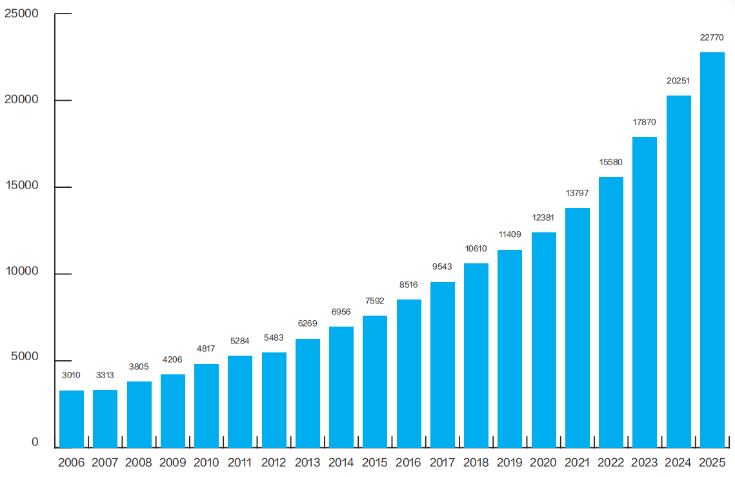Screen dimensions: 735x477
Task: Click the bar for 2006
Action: [72, 419]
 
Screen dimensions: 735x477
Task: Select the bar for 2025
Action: [712, 250]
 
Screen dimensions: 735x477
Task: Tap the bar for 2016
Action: [408, 373]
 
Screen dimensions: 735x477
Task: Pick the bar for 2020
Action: [544, 340]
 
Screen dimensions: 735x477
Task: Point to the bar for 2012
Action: [274, 400]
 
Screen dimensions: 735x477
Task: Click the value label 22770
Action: [712, 37]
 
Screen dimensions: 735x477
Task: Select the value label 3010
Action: [71, 375]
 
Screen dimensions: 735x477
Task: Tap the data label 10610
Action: [476, 249]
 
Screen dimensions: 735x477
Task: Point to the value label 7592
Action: [374, 301]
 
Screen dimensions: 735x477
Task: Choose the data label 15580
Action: [611, 162]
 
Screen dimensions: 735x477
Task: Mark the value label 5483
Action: [274, 338]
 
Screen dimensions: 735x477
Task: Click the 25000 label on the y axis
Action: [21, 14]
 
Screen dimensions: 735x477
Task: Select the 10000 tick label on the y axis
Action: [21, 271]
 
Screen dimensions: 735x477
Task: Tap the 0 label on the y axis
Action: [35, 442]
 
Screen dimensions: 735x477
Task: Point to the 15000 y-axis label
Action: [21, 185]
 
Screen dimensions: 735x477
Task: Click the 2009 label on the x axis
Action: [172, 462]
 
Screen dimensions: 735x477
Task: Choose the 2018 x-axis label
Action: [476, 462]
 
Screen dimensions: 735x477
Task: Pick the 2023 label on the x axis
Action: [645, 462]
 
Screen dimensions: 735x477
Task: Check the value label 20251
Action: [678, 81]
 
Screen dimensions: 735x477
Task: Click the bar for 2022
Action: [611, 312]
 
